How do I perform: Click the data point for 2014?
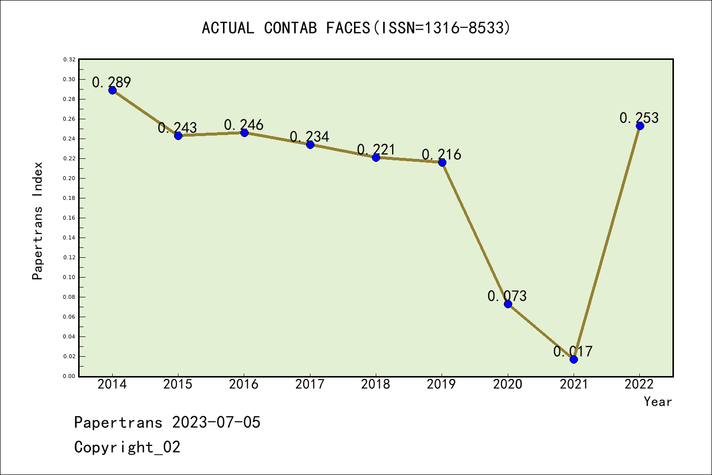click(112, 90)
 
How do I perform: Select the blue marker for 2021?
click(574, 359)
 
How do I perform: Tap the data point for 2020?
click(508, 304)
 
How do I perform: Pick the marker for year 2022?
click(640, 126)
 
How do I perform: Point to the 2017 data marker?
click(310, 144)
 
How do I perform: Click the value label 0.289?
click(112, 82)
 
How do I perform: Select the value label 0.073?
click(507, 296)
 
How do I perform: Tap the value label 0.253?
click(639, 118)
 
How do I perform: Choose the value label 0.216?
click(442, 154)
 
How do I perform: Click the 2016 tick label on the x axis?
click(244, 384)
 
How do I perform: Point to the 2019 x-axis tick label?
click(442, 384)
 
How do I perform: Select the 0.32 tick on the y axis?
click(69, 59)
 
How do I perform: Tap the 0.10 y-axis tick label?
click(69, 277)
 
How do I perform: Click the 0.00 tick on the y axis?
click(69, 376)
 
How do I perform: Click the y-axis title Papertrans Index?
click(38, 221)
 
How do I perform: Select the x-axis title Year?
click(658, 402)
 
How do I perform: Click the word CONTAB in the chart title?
click(290, 28)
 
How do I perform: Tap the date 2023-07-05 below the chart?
click(216, 422)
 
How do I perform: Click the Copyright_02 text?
click(127, 447)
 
